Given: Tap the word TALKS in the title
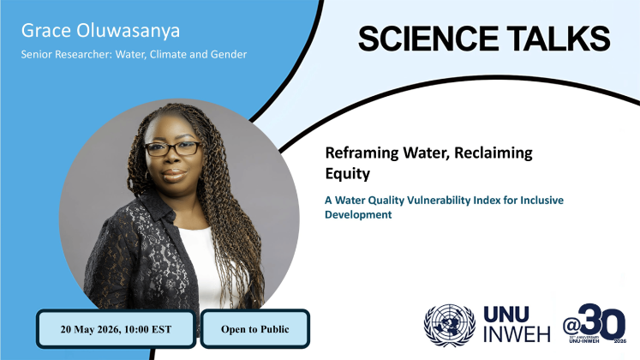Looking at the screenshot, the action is pos(559,39).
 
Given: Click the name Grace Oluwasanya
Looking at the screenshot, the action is pos(100,31).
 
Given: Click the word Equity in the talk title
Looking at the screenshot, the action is pos(347,174).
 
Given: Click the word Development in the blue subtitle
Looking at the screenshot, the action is pos(358,214).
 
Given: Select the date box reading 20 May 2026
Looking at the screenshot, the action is pos(116,329).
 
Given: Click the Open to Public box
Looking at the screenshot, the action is pos(255,329).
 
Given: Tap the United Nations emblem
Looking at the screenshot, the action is pos(450,326).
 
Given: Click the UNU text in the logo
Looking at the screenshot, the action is pos(506,315).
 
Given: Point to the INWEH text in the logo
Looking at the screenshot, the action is pos(517,334).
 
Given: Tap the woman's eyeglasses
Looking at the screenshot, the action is pos(173,148).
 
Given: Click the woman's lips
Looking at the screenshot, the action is pos(174,175).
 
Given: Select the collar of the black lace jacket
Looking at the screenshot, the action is pos(157,205).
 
